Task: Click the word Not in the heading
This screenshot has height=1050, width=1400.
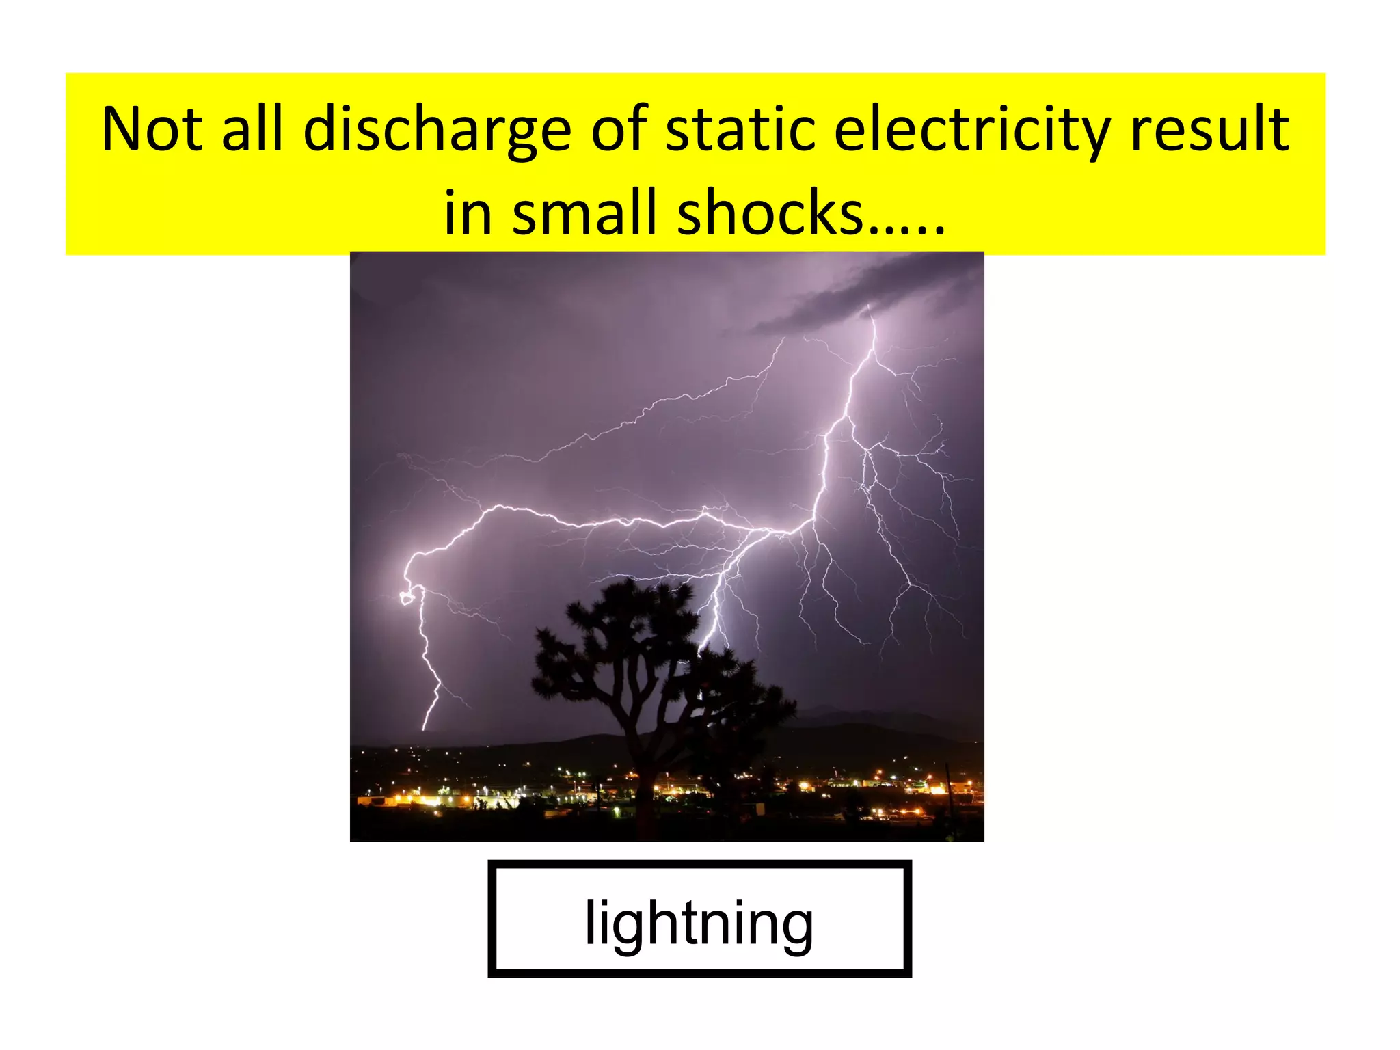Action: coord(152,130)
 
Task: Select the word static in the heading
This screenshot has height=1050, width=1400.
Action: coord(740,130)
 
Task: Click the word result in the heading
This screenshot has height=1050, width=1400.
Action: coord(1209,130)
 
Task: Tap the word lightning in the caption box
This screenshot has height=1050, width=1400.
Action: coord(699,922)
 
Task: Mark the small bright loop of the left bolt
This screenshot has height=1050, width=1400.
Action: coord(407,598)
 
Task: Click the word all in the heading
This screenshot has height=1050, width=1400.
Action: coord(252,130)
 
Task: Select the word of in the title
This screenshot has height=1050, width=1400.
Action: coord(619,130)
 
